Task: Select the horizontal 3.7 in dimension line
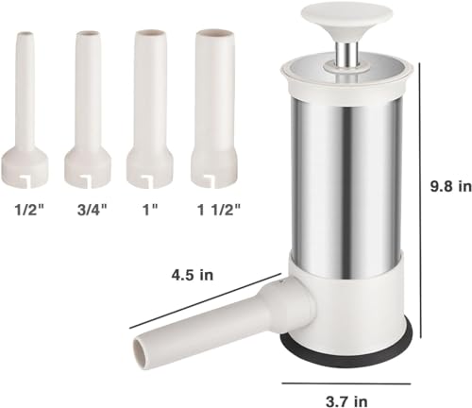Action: click(345, 382)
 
